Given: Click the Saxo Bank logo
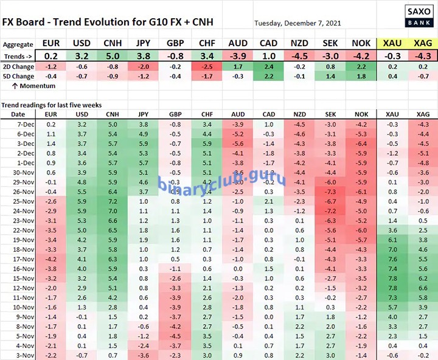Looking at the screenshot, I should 416,13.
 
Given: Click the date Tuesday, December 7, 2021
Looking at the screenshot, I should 298,23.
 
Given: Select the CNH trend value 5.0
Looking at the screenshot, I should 112,55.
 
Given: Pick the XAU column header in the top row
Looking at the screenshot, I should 391,44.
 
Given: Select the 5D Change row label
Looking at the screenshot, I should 18,76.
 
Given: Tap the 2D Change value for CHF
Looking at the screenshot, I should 206,66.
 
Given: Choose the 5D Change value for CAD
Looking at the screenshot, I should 269,76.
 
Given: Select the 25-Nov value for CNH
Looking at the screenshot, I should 112,201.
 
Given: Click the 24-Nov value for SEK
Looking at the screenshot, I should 332,210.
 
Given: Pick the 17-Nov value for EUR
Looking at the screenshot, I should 50,258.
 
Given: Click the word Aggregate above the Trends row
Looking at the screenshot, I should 18,44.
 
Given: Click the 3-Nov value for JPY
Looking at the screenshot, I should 144,355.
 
